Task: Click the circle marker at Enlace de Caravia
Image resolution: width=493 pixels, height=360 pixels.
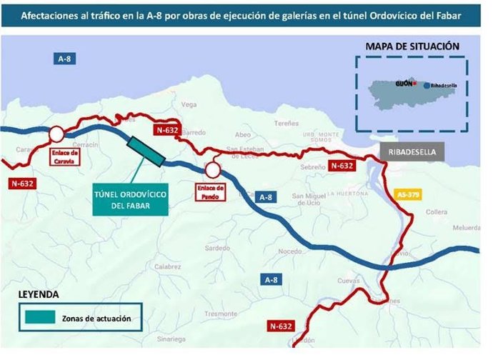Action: (x=56, y=134)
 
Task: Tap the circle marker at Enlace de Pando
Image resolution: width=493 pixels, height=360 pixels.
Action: (x=212, y=170)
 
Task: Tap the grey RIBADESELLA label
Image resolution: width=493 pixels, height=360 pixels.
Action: (x=411, y=152)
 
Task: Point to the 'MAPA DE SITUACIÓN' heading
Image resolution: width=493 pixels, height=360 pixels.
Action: (x=412, y=46)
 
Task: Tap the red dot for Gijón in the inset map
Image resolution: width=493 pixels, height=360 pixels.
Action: (x=414, y=84)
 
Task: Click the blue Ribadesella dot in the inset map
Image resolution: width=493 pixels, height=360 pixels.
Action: (x=427, y=85)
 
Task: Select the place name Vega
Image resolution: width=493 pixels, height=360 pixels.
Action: (x=189, y=104)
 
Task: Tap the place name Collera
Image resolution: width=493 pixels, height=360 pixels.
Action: (x=436, y=211)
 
